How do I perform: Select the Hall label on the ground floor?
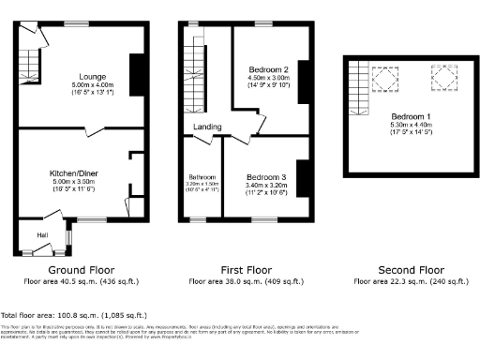point(42,234)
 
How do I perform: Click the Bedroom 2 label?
point(267,69)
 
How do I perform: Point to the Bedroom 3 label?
point(265,176)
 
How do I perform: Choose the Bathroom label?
point(203,177)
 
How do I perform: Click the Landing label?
point(207,126)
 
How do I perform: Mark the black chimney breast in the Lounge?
point(135,75)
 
